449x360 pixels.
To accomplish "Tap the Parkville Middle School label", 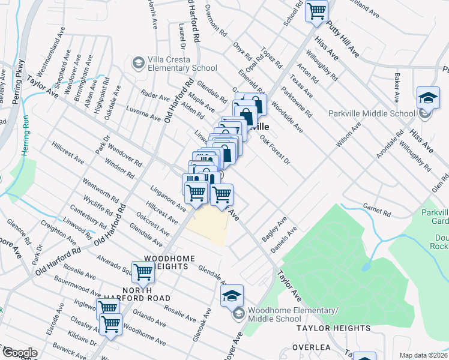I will [x=372, y=113].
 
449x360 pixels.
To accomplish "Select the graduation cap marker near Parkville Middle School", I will [x=428, y=98].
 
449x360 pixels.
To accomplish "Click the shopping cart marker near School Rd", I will [x=316, y=11].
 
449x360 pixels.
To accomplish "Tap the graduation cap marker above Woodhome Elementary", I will [x=232, y=296].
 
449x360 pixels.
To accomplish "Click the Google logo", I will [x=19, y=353].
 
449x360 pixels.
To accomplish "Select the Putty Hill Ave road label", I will [x=343, y=40].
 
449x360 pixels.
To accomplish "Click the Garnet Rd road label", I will [x=377, y=209].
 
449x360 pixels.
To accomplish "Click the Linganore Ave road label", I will [x=168, y=197].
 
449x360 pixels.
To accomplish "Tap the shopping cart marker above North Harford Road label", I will [x=143, y=272].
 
